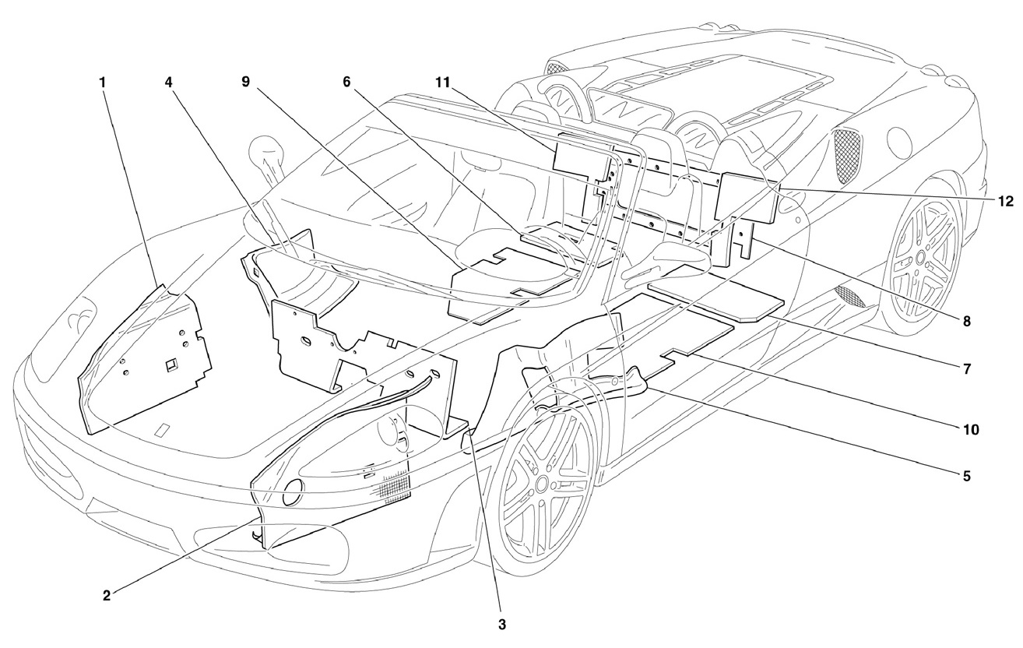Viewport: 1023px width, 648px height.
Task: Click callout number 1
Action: (103, 83)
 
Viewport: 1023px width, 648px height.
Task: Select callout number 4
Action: (169, 83)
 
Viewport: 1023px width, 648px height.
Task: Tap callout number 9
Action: (246, 83)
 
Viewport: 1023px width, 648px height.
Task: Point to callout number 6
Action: (346, 83)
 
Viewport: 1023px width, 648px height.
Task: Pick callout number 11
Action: (443, 83)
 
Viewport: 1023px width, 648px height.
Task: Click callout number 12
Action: (1006, 202)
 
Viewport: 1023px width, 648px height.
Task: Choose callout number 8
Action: (966, 322)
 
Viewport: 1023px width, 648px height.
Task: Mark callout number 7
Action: (966, 369)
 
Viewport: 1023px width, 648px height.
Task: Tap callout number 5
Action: (966, 477)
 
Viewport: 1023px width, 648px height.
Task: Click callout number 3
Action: (502, 625)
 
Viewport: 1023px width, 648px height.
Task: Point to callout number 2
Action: (107, 596)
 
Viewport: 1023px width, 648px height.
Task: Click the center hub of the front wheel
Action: (542, 484)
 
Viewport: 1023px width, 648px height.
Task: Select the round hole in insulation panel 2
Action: (293, 493)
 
